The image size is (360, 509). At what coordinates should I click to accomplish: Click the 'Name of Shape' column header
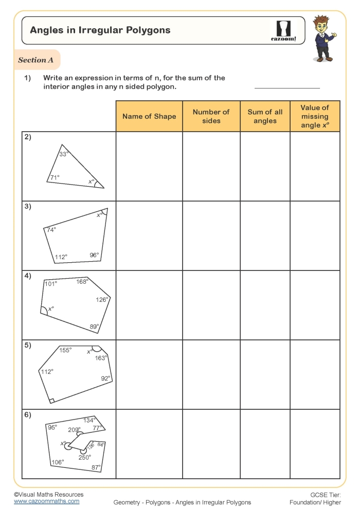click(x=149, y=116)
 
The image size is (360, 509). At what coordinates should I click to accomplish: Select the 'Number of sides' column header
click(x=211, y=116)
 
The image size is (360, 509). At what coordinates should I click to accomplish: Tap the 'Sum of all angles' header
click(x=265, y=116)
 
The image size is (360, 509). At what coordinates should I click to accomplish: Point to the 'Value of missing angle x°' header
click(x=315, y=116)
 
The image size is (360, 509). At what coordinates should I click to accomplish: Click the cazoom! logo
click(x=283, y=31)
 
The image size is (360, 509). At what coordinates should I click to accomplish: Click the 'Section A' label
click(x=36, y=60)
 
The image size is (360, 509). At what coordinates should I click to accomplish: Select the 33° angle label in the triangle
click(x=63, y=154)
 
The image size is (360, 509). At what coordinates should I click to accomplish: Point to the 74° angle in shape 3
click(x=51, y=230)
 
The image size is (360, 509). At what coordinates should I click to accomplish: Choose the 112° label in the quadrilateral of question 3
click(x=61, y=257)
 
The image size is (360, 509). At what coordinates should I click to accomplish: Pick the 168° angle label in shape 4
click(x=82, y=281)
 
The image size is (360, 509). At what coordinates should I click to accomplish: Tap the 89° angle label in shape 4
click(x=94, y=326)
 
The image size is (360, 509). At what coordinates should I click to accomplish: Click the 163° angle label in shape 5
click(x=101, y=358)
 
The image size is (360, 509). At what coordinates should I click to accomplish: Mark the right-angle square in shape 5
click(x=51, y=400)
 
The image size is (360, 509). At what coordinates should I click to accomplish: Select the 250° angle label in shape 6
click(x=84, y=457)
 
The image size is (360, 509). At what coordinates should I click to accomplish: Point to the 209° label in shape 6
click(x=75, y=430)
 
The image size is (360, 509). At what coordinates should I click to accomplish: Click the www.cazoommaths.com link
click(x=46, y=501)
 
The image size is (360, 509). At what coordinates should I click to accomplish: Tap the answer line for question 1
click(x=287, y=87)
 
